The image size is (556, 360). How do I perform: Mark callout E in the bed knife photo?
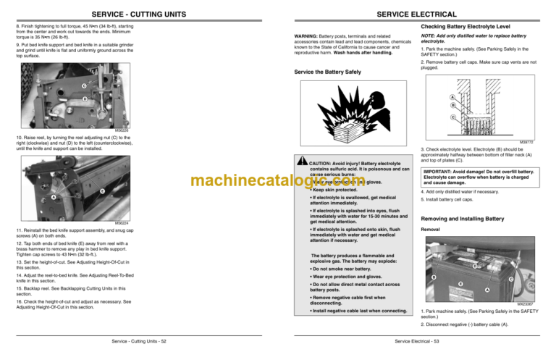102,191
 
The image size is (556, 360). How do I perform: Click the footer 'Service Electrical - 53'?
416,340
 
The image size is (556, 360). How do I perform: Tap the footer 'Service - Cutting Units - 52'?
138,340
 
